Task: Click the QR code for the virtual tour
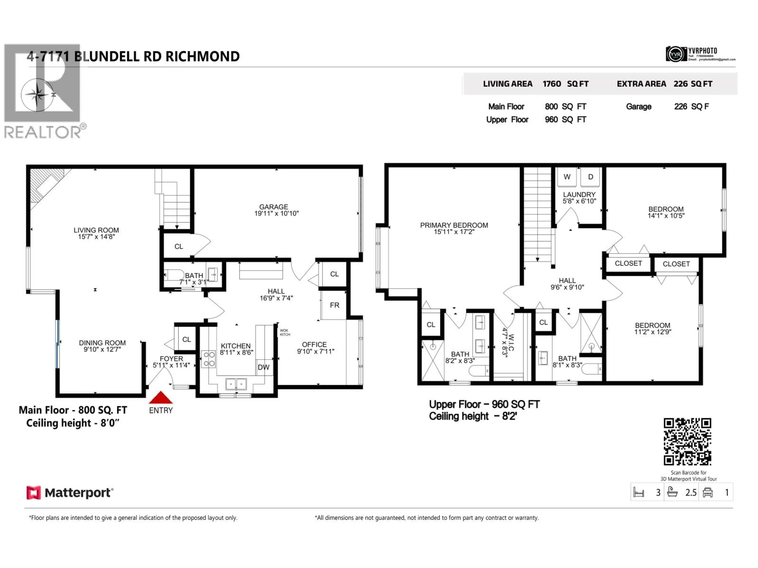tap(687, 442)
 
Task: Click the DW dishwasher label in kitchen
tap(264, 367)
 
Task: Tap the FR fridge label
tap(334, 305)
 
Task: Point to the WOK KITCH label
tap(285, 333)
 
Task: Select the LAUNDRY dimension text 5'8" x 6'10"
tap(579, 201)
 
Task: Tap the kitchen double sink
tap(236, 384)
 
